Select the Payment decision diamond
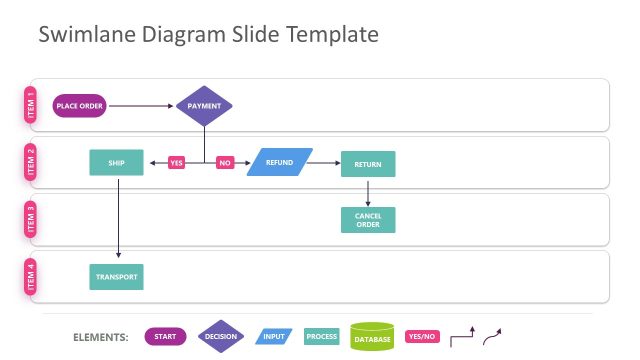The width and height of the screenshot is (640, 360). (204, 105)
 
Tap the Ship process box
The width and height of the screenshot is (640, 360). (117, 163)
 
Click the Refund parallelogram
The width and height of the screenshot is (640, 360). (279, 162)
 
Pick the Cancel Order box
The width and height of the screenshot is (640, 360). (368, 220)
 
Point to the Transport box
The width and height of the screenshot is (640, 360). (117, 276)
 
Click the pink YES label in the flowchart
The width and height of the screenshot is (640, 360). (177, 162)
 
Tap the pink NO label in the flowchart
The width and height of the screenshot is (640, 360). (225, 162)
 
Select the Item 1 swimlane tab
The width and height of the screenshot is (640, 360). (30, 105)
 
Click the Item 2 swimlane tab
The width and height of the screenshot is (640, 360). (30, 162)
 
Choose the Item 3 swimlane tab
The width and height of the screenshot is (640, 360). (30, 220)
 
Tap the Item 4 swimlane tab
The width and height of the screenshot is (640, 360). (30, 276)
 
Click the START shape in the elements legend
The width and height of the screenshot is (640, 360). (165, 337)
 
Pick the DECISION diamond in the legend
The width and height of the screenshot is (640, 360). (220, 337)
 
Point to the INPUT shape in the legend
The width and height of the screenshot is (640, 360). (274, 337)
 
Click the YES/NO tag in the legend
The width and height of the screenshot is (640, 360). (421, 337)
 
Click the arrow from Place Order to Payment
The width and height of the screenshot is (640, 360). (141, 105)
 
